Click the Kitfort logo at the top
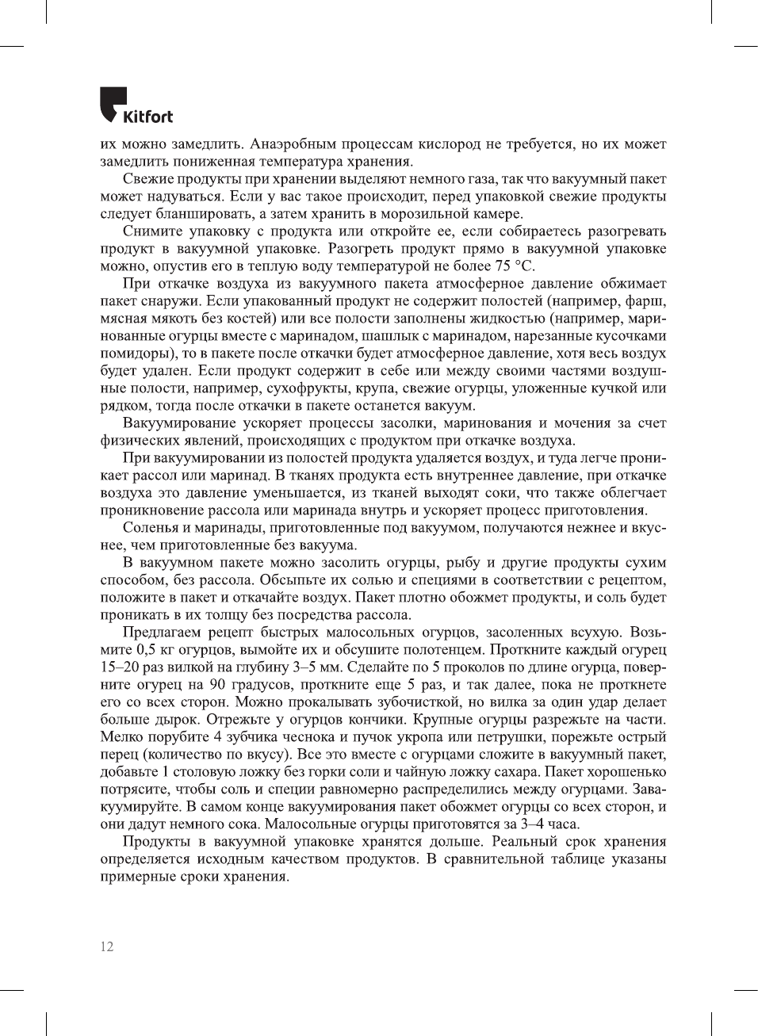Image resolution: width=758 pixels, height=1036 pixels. click(136, 105)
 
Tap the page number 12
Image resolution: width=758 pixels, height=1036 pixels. click(107, 946)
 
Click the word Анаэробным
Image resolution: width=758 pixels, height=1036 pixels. click(293, 144)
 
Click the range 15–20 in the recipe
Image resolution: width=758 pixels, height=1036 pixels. click(120, 667)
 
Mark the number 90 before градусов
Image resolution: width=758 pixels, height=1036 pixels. click(218, 685)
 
